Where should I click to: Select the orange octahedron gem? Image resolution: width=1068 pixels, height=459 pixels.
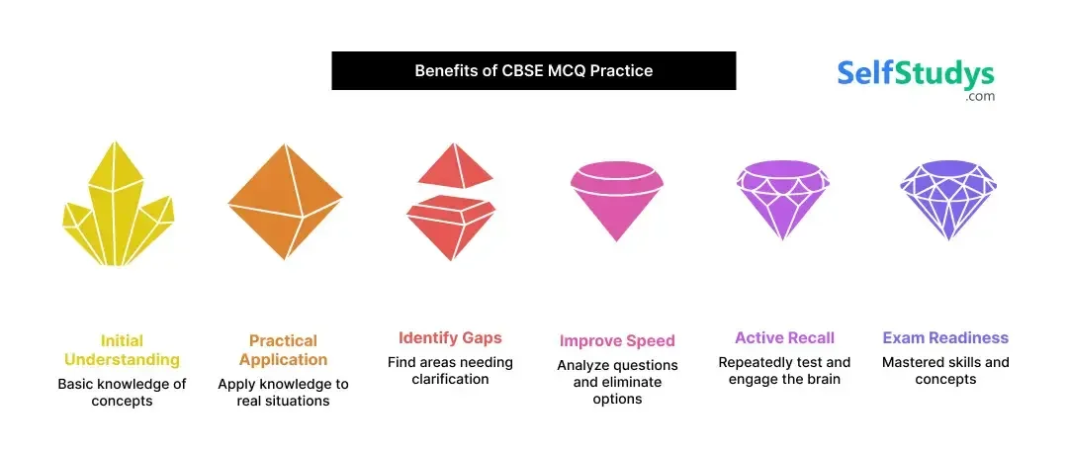point(285,201)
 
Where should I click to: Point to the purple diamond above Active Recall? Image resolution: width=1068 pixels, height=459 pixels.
point(783,198)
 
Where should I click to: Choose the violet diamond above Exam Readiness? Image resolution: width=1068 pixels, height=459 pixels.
point(947,198)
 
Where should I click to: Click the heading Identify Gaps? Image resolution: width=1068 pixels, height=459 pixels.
point(450,338)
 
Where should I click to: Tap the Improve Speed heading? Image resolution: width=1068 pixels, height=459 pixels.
point(617,341)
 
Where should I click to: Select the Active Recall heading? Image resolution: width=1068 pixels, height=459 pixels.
point(784,337)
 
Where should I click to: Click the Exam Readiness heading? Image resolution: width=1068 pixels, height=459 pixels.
point(945,338)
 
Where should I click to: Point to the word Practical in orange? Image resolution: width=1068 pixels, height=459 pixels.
point(283,340)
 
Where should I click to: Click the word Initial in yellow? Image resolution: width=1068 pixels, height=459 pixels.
point(122,341)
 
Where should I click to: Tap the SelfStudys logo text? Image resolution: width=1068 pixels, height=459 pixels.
point(916,74)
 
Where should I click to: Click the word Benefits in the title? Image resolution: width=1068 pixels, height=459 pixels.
point(444,71)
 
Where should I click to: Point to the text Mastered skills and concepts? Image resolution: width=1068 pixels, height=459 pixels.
point(945,371)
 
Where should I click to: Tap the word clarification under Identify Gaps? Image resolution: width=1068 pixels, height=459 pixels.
point(450,380)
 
